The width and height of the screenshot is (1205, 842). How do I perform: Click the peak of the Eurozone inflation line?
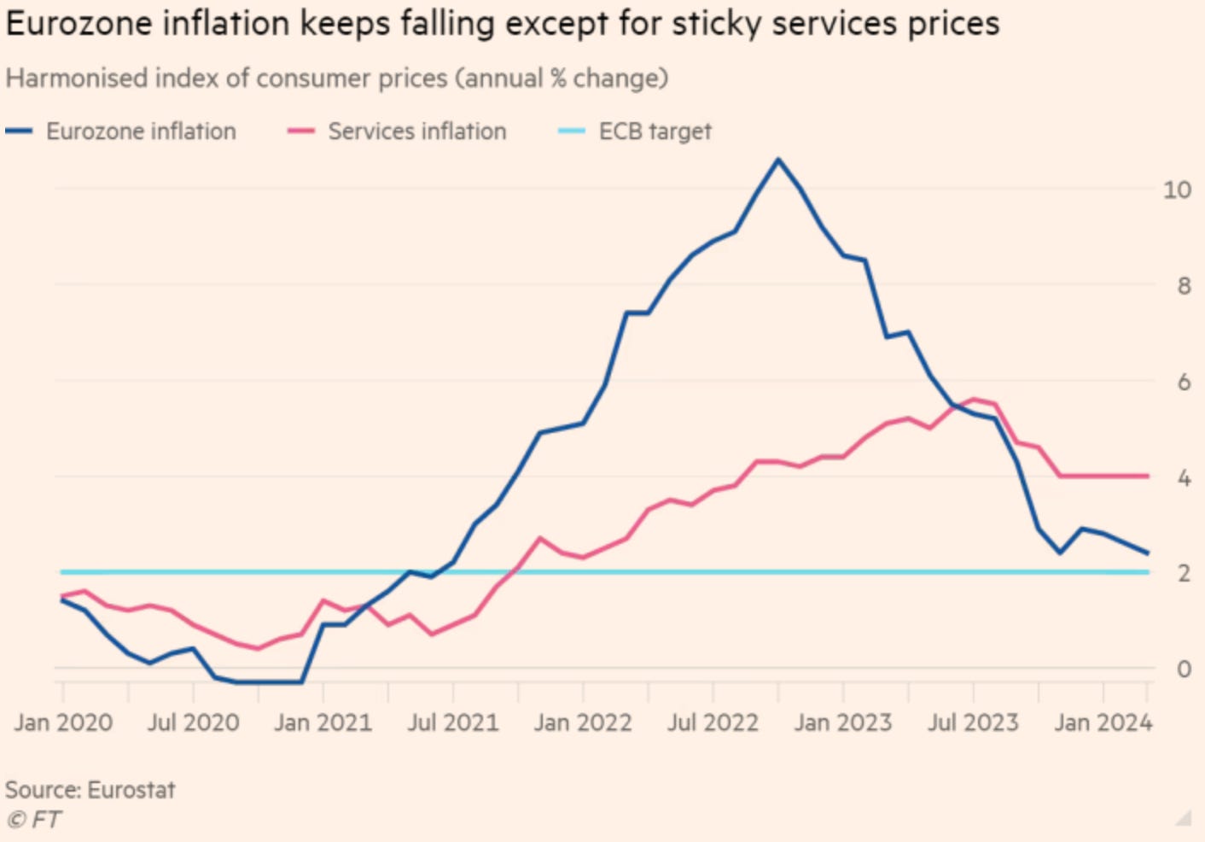(x=777, y=160)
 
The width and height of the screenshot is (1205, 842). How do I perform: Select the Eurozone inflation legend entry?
(x=121, y=132)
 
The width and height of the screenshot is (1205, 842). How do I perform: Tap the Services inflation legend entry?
(x=398, y=132)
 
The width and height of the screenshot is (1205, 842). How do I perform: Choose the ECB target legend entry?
(x=635, y=132)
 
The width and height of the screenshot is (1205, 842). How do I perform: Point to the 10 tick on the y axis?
(x=1177, y=190)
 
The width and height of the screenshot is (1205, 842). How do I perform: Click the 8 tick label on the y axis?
(x=1184, y=285)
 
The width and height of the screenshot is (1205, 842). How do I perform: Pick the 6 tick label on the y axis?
(x=1184, y=382)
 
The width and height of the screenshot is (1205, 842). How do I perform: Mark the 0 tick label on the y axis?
(x=1184, y=669)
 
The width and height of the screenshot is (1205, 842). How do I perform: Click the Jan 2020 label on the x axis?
(x=63, y=722)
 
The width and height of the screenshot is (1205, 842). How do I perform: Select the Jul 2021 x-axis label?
(x=453, y=722)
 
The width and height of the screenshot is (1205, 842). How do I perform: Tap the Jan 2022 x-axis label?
(x=583, y=722)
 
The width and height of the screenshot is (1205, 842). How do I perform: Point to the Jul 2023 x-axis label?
(x=973, y=722)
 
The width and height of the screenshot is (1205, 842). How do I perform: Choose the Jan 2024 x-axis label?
(x=1103, y=722)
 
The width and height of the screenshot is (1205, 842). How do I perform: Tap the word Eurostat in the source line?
(x=131, y=789)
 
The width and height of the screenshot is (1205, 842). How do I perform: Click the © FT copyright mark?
(x=34, y=820)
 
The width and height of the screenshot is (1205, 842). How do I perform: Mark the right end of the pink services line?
(x=1148, y=476)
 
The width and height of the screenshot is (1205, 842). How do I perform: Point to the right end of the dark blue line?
(x=1148, y=553)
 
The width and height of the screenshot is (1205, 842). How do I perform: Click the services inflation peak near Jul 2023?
(x=973, y=399)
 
